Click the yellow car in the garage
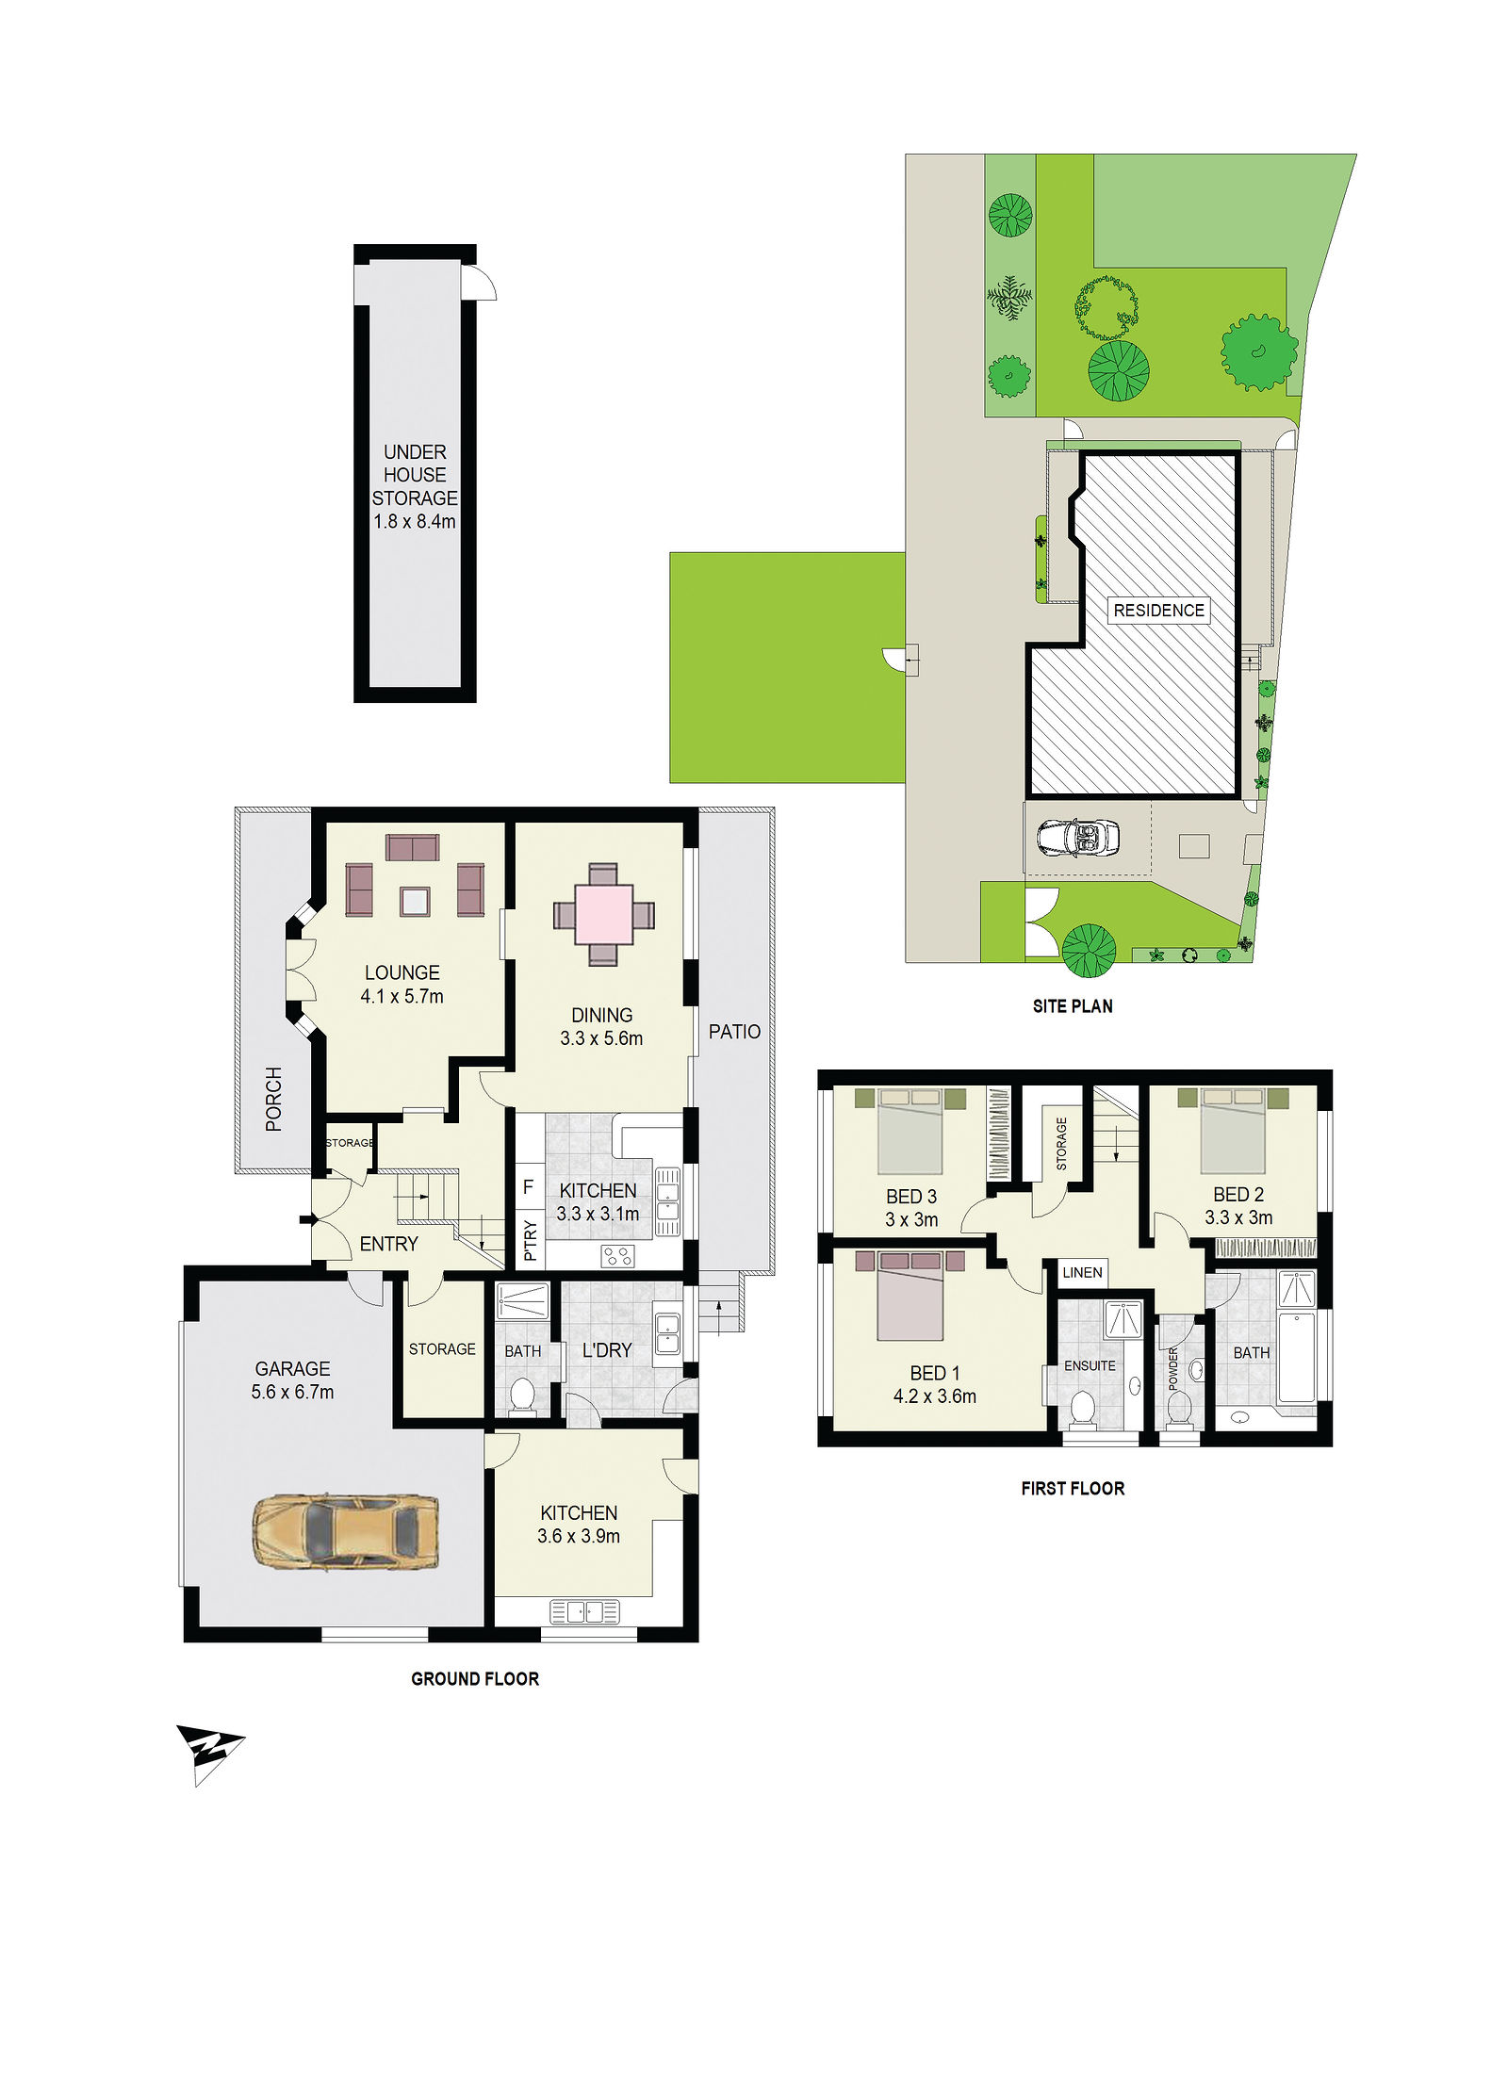(345, 1531)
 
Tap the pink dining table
(603, 914)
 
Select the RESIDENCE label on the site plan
(1158, 611)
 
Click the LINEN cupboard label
(1082, 1272)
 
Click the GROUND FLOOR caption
(475, 1678)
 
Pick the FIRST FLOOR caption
(1073, 1488)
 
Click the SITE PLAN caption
(1073, 1006)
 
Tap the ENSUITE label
(1090, 1365)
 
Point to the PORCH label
(273, 1099)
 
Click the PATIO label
(734, 1032)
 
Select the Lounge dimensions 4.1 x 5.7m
(402, 996)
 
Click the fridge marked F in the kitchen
(529, 1187)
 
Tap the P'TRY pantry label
(530, 1240)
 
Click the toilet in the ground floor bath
(522, 1396)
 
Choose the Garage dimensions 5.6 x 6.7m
(292, 1392)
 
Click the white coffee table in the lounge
(415, 902)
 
